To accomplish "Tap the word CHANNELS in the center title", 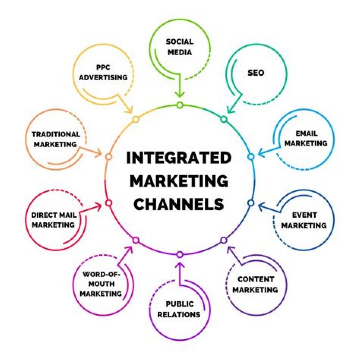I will pos(179,204).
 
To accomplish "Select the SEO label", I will pos(256,73).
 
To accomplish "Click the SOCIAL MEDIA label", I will pos(179,46).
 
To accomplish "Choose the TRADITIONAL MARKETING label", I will pos(56,139).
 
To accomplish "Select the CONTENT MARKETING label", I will pos(255,284).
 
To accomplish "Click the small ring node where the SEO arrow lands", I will pos(224,119).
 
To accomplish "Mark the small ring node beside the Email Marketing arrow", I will pos(251,156).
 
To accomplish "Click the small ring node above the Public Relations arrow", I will pos(179,255).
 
